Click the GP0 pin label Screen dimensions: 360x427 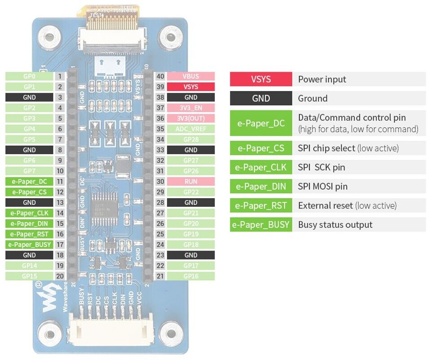click(29, 76)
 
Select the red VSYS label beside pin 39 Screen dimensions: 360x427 click(191, 87)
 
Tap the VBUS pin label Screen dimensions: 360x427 click(191, 76)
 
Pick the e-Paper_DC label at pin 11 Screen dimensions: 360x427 click(29, 182)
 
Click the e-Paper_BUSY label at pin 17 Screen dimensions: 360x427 click(29, 245)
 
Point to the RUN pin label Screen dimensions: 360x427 click(191, 182)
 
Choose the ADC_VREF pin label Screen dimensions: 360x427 click(191, 129)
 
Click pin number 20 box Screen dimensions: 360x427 click(60, 276)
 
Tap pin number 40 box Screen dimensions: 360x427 click(160, 76)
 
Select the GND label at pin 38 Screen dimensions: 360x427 click(191, 97)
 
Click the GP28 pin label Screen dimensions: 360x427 click(191, 139)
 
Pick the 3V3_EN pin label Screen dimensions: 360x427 click(191, 108)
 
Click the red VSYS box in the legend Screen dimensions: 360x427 click(261, 79)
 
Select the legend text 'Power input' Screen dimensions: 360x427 click(322, 79)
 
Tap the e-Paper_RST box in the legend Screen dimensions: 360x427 click(261, 206)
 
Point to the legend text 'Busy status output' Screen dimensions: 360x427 click(335, 225)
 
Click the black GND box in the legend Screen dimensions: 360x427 click(261, 99)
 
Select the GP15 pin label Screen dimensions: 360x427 click(29, 276)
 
